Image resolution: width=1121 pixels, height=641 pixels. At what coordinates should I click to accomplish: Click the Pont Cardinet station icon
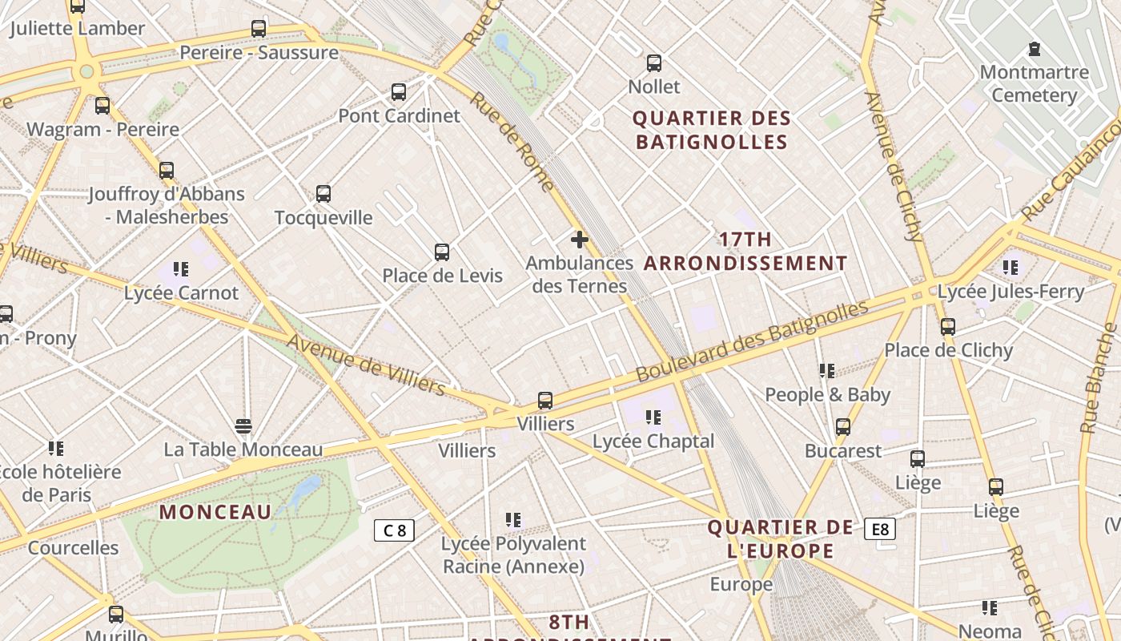[399, 92]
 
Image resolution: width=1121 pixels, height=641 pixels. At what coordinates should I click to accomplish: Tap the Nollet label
[654, 87]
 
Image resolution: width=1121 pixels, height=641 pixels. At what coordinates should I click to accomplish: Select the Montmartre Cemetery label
[1034, 84]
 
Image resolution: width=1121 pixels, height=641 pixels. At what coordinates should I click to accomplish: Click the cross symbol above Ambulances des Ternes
[580, 239]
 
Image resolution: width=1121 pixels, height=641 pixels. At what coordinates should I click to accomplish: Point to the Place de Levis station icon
[442, 252]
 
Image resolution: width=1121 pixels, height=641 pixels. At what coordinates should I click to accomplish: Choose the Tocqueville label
[323, 217]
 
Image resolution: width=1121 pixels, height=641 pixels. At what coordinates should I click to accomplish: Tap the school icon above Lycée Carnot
[181, 269]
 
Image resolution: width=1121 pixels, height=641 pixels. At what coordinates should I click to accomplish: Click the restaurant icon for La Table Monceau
[243, 425]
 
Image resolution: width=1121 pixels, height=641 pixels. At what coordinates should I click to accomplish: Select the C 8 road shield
[394, 530]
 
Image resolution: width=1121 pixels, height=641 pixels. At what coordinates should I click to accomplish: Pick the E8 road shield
[880, 529]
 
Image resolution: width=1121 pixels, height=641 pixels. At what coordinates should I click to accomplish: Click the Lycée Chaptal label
[653, 441]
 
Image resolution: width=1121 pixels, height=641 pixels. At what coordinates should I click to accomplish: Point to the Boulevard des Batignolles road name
[752, 341]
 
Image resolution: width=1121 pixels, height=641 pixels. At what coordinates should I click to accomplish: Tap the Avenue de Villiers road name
[366, 365]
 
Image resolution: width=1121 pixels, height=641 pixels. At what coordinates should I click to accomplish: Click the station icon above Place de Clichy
[948, 327]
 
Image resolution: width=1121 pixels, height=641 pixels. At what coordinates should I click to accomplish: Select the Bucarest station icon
[843, 427]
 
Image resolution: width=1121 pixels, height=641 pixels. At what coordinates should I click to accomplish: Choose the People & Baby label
[827, 394]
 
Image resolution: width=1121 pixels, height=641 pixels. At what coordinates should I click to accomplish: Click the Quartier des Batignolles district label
[712, 130]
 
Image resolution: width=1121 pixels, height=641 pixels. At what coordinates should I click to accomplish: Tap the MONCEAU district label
[215, 511]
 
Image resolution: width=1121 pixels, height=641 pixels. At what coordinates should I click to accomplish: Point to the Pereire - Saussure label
[259, 53]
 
